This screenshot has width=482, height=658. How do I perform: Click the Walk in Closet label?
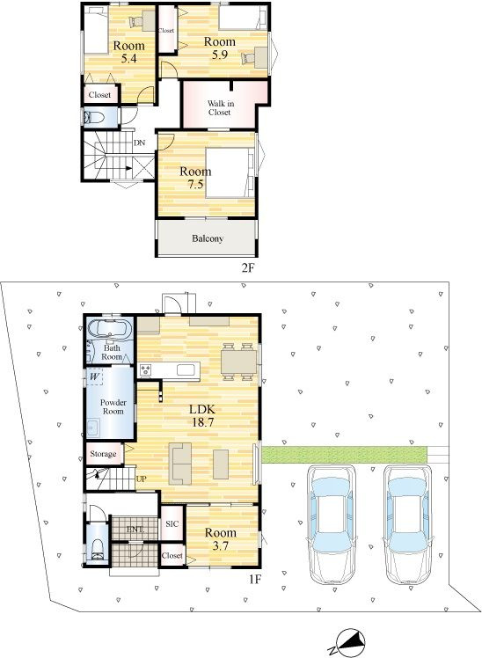coord(219,108)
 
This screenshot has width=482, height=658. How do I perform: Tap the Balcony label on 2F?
coord(208,238)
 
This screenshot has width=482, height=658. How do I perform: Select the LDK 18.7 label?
coord(203,415)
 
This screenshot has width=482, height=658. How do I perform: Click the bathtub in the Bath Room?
coord(110,327)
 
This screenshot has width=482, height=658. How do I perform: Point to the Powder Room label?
coord(113,406)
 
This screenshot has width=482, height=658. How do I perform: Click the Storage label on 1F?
coord(103,454)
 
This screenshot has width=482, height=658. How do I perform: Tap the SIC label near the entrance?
coord(172,523)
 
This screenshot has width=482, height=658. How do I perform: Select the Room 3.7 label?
coord(220,539)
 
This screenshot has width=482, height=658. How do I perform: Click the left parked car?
coord(332,523)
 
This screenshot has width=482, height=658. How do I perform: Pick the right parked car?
coord(408,524)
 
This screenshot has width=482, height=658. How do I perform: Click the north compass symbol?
coord(349,643)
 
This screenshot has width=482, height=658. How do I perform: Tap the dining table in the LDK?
coord(238,362)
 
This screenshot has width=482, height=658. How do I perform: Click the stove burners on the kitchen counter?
coord(145,369)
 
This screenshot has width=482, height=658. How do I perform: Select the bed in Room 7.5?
coord(230,172)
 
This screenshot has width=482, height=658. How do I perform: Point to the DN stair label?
coord(139,143)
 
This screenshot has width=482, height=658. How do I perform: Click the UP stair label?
coord(141,479)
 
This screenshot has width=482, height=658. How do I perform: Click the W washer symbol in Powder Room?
coord(94,377)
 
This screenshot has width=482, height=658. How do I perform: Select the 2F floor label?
coord(248,267)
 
